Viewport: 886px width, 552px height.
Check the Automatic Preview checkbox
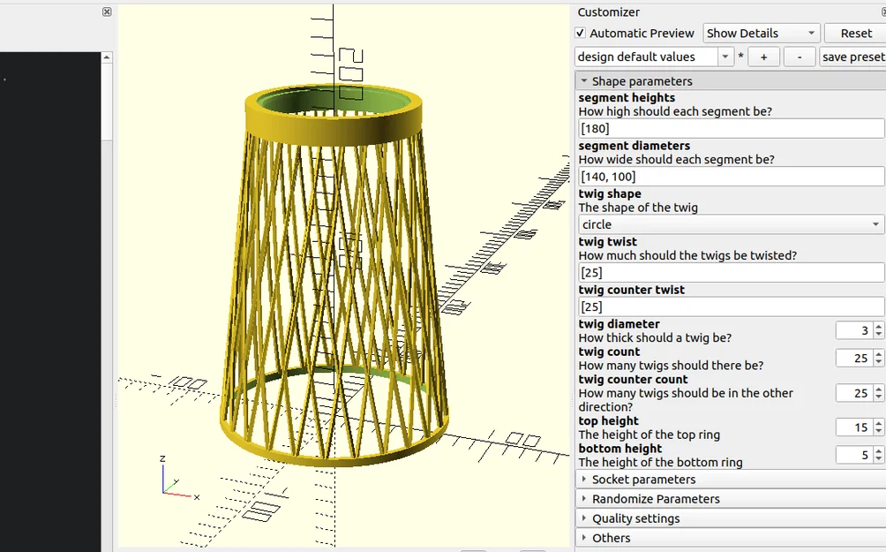click(581, 34)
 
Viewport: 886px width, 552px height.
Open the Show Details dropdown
click(761, 34)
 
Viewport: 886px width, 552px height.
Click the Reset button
click(855, 34)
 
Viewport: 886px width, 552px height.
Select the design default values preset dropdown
click(654, 57)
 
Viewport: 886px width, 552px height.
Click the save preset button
click(852, 57)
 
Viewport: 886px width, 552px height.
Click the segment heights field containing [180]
click(731, 129)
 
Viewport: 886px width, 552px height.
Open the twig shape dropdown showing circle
click(731, 225)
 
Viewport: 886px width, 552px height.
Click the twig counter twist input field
click(731, 307)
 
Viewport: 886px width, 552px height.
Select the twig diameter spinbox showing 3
click(853, 331)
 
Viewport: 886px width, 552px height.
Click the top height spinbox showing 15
click(853, 427)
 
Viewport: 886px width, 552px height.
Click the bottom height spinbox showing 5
click(853, 456)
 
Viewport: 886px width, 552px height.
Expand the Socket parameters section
click(643, 480)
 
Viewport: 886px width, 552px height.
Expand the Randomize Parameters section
click(655, 499)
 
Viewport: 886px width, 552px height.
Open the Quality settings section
click(635, 518)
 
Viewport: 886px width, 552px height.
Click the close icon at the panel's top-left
click(107, 12)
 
